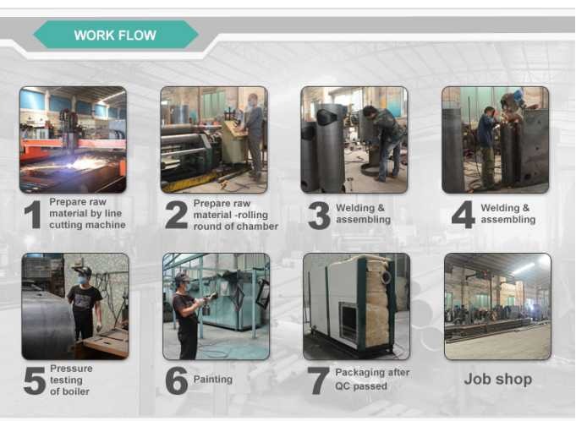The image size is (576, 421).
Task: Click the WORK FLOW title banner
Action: [116, 35]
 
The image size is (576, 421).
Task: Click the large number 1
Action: [33, 215]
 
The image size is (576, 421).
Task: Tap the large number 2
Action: [176, 215]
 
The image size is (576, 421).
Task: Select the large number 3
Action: [319, 216]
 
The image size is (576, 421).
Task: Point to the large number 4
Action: [464, 215]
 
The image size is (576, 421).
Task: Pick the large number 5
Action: [35, 381]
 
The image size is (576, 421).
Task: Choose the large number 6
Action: [177, 381]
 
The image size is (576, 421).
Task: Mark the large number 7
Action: [318, 381]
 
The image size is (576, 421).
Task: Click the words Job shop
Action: [497, 380]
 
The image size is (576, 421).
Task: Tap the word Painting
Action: [212, 380]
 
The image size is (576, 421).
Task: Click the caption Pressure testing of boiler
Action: [71, 380]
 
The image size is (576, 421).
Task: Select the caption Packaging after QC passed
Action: [372, 380]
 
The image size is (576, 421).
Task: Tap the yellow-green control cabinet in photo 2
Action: [234, 141]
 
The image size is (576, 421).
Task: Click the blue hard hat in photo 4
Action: [518, 95]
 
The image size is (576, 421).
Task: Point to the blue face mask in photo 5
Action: [82, 280]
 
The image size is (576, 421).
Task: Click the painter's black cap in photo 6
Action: [182, 276]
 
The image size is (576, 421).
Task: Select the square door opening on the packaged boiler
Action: [348, 320]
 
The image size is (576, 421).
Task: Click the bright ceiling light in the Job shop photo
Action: [524, 268]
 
